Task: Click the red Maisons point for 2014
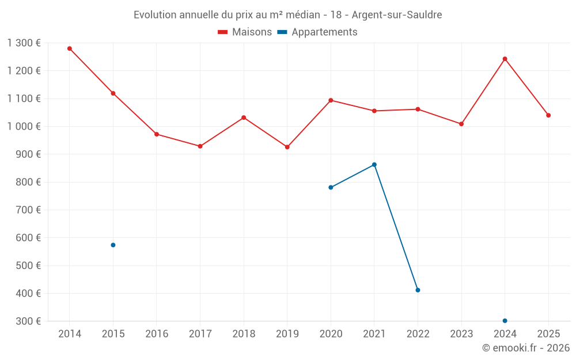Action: click(70, 48)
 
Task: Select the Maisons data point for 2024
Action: click(505, 59)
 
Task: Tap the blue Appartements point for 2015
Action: click(113, 245)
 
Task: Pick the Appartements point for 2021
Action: click(374, 165)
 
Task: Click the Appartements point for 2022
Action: click(418, 290)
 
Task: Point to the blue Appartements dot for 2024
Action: click(505, 321)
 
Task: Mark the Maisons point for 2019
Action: click(287, 147)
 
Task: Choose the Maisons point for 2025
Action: click(548, 115)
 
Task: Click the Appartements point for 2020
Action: click(331, 187)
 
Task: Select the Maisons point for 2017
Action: click(200, 146)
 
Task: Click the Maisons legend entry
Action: click(245, 32)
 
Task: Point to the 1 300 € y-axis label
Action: click(24, 43)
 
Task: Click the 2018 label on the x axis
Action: click(244, 334)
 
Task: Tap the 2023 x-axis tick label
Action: click(461, 334)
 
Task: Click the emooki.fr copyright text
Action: click(526, 348)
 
